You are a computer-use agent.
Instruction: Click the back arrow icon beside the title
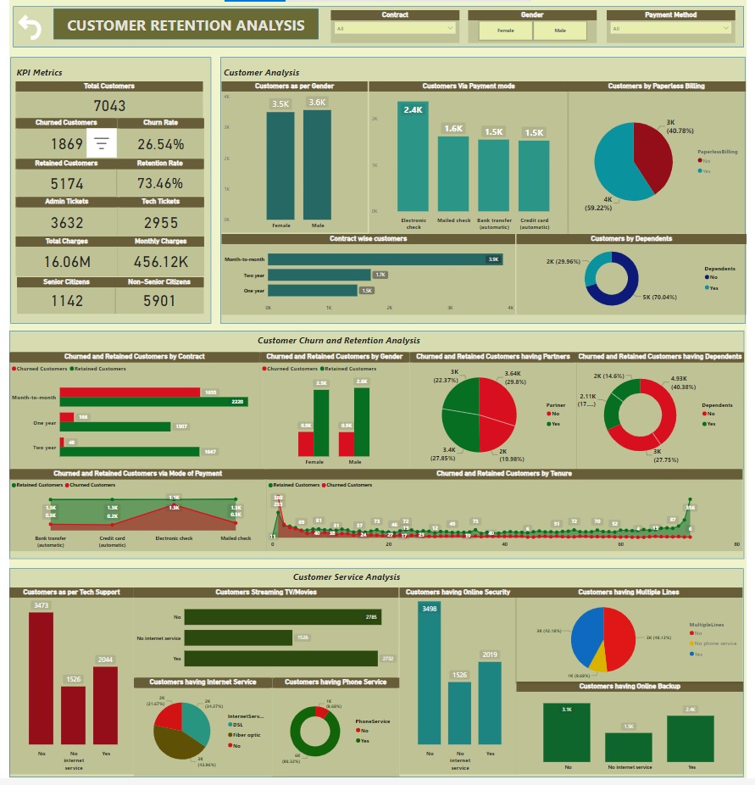[30, 28]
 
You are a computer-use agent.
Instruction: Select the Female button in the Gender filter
[505, 31]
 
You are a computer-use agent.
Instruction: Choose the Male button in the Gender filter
[560, 31]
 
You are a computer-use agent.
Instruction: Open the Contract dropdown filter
[395, 29]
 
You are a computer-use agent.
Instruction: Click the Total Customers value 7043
[109, 105]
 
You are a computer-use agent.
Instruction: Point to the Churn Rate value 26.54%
[160, 144]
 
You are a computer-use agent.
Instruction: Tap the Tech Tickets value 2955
[160, 223]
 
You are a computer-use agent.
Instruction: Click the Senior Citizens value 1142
[67, 301]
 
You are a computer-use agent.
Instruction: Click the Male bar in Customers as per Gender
[317, 165]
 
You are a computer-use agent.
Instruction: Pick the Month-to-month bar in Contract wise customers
[386, 259]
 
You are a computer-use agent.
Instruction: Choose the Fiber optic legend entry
[247, 735]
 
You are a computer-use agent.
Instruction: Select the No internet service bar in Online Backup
[629, 747]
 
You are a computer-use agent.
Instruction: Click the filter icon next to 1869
[102, 144]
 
